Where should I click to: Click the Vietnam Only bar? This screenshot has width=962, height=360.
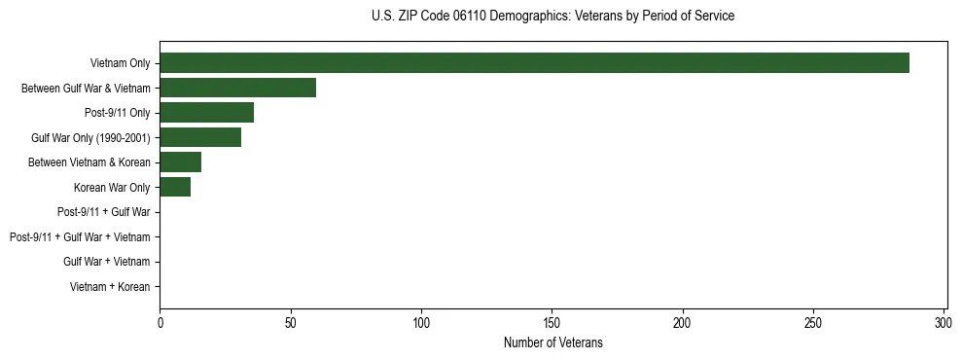pyautogui.click(x=534, y=63)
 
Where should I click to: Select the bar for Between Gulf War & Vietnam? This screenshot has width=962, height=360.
pyautogui.click(x=237, y=88)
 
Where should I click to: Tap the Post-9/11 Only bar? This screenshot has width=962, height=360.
pyautogui.click(x=206, y=113)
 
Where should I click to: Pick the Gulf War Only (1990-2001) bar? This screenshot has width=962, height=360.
pyautogui.click(x=200, y=137)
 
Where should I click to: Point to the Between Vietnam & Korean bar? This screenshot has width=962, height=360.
pyautogui.click(x=180, y=162)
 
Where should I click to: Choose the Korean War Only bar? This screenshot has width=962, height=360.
pyautogui.click(x=175, y=187)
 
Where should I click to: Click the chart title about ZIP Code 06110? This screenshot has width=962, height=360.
pyautogui.click(x=552, y=17)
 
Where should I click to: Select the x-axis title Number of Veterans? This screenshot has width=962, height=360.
pyautogui.click(x=552, y=342)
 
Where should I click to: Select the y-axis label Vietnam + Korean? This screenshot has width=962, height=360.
pyautogui.click(x=110, y=286)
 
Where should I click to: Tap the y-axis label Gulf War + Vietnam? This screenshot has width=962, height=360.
pyautogui.click(x=107, y=262)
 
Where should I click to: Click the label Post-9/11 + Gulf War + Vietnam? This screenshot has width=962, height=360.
pyautogui.click(x=80, y=236)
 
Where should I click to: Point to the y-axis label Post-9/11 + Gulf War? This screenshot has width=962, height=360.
pyautogui.click(x=104, y=211)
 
